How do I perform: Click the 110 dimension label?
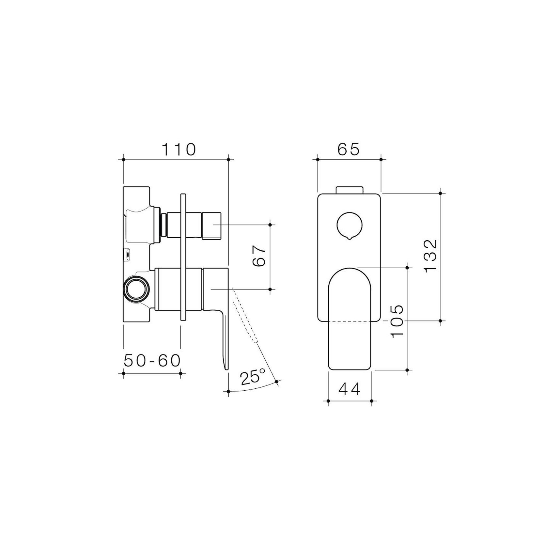coord(179,150)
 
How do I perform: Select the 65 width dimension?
coord(348,150)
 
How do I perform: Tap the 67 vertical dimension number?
coord(260,256)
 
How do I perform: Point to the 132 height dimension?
coord(430,255)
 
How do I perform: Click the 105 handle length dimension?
coord(397,321)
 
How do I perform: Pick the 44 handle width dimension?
coord(349,389)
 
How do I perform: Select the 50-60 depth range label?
coord(152,361)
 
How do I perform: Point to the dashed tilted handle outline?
coord(245,315)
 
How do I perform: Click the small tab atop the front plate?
coord(349,190)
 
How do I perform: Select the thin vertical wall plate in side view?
coord(183,257)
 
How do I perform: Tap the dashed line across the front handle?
coord(349,321)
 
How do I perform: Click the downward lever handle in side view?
coord(225,339)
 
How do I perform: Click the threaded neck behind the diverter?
coord(164,225)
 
